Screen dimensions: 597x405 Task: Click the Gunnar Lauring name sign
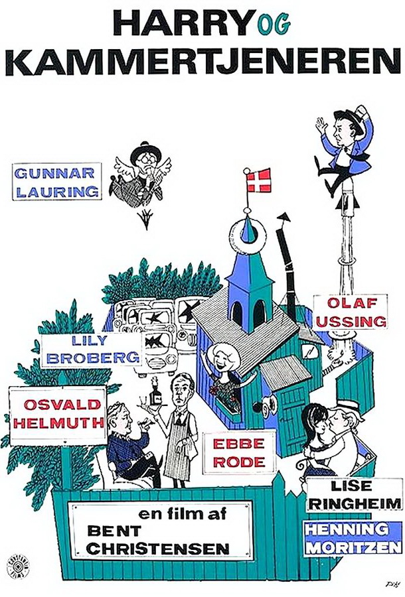pyautogui.click(x=57, y=181)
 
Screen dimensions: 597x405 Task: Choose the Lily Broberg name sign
pyautogui.click(x=91, y=350)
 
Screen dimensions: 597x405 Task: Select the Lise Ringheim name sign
pyautogui.click(x=355, y=494)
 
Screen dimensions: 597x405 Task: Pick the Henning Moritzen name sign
pyautogui.click(x=353, y=538)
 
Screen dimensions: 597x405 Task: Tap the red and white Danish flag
pyautogui.click(x=259, y=180)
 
